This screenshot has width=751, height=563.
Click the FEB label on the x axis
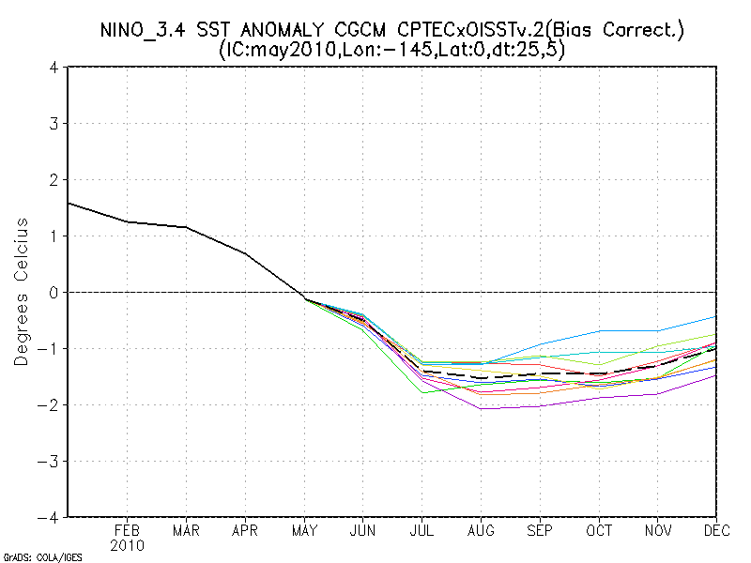[x=127, y=530]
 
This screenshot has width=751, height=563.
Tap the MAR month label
[x=186, y=530]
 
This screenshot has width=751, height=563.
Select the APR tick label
[x=245, y=530]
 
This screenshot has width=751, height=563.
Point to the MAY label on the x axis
[x=304, y=530]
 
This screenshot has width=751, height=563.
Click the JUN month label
[x=363, y=530]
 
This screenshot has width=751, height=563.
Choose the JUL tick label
[x=422, y=530]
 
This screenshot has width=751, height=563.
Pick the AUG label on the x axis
[x=482, y=530]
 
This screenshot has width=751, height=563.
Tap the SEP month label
[x=541, y=530]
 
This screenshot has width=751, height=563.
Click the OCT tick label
[x=600, y=530]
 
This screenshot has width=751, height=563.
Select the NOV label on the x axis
[x=659, y=530]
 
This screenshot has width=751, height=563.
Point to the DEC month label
[x=717, y=530]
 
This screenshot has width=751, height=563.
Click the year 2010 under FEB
[x=127, y=545]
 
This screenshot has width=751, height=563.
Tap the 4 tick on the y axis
[x=54, y=68]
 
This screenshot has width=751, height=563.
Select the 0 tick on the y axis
[x=54, y=293]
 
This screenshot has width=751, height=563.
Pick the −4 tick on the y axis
[x=50, y=517]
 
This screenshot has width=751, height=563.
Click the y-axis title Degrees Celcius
[x=20, y=292]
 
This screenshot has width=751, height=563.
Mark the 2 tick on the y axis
[x=54, y=180]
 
